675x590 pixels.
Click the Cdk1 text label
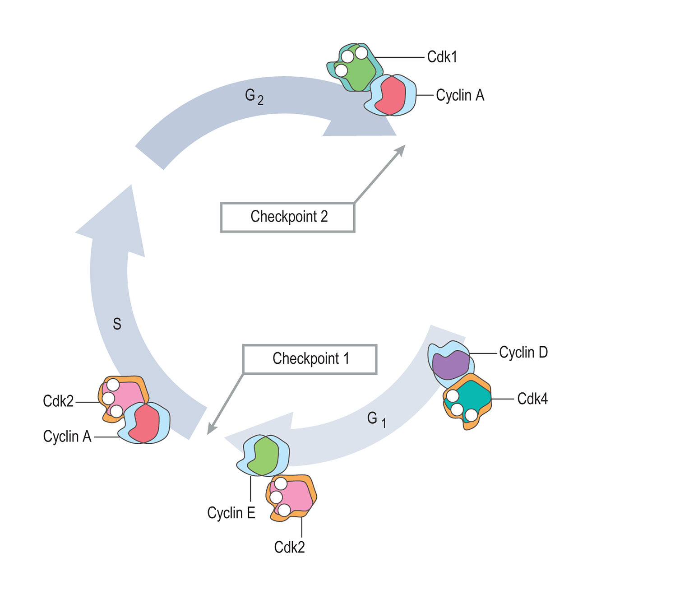pyautogui.click(x=442, y=57)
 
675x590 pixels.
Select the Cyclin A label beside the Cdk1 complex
pyautogui.click(x=460, y=95)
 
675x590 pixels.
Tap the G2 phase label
pyautogui.click(x=254, y=96)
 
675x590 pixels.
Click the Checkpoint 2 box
pyautogui.click(x=288, y=217)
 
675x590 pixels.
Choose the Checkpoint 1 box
pyautogui.click(x=310, y=359)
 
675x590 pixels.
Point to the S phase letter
pyautogui.click(x=117, y=324)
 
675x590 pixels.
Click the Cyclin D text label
pyautogui.click(x=523, y=352)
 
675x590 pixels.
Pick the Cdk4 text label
pyautogui.click(x=532, y=399)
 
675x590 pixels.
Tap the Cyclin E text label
pyautogui.click(x=231, y=513)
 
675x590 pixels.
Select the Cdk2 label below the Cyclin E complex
pyautogui.click(x=289, y=547)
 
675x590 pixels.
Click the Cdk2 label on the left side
pyautogui.click(x=58, y=401)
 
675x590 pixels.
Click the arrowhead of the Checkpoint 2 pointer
pyautogui.click(x=401, y=149)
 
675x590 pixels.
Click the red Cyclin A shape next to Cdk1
pyautogui.click(x=391, y=96)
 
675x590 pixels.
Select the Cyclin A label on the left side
pyautogui.click(x=67, y=437)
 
